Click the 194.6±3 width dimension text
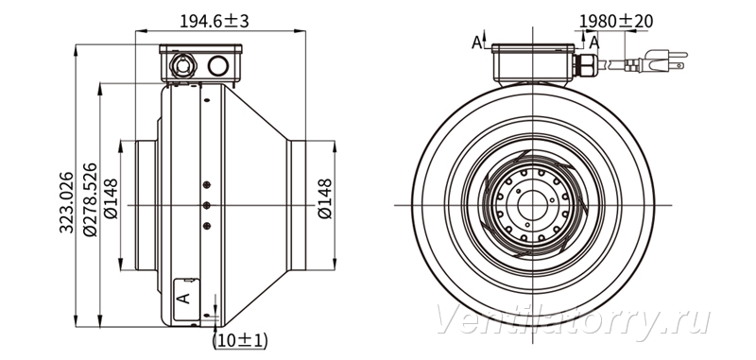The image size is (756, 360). click(x=215, y=21)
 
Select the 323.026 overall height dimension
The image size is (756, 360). click(x=66, y=202)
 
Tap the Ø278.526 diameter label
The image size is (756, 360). click(x=90, y=199)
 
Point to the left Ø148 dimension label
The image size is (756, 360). click(x=111, y=198)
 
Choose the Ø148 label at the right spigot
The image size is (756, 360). click(x=325, y=198)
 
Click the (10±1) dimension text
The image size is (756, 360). click(x=240, y=340)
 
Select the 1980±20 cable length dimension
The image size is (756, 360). click(x=616, y=21)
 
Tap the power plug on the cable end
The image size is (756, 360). click(x=657, y=61)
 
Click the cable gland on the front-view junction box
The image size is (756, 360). click(x=585, y=65)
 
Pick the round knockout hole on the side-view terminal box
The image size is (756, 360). click(x=218, y=65)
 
